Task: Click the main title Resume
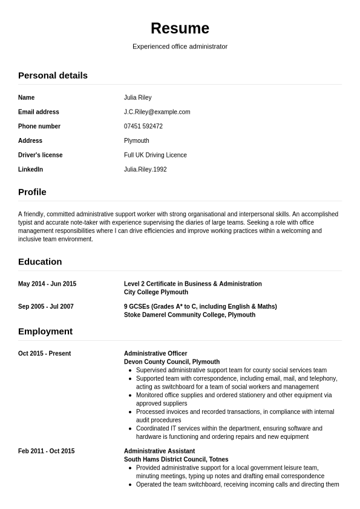click(x=180, y=28)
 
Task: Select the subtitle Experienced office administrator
click(x=180, y=47)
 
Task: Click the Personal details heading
click(x=53, y=76)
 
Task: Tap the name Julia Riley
click(x=138, y=97)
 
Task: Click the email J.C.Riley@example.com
click(x=157, y=112)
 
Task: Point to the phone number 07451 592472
click(x=143, y=126)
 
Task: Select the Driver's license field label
click(x=40, y=155)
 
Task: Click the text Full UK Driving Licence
click(x=155, y=155)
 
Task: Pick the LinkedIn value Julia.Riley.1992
click(x=145, y=169)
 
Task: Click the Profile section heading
click(x=32, y=192)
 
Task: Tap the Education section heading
click(x=40, y=262)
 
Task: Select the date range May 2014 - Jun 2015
click(x=47, y=284)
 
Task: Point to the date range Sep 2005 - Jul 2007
click(x=46, y=306)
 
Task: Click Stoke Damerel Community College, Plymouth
click(x=189, y=315)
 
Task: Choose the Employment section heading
click(x=45, y=332)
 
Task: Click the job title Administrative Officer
click(x=155, y=353)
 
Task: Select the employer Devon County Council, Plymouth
click(x=172, y=362)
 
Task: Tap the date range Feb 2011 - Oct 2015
click(x=47, y=451)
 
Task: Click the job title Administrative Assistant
click(x=159, y=451)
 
